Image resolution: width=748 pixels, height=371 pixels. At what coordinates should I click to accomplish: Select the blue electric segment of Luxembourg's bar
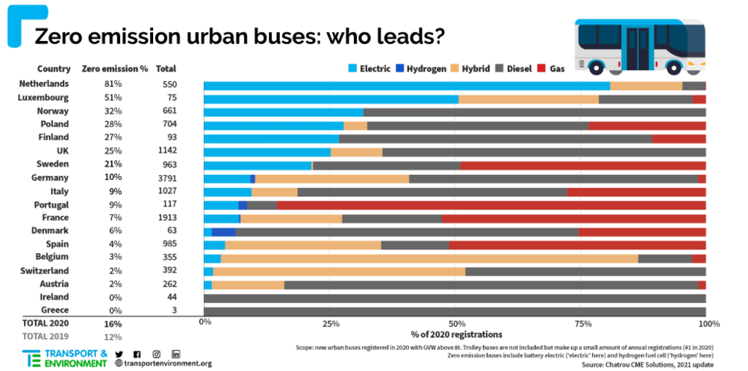tap(331, 99)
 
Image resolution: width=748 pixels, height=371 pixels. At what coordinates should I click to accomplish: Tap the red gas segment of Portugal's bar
tap(491, 205)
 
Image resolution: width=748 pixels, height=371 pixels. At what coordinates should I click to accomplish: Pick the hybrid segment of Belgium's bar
tap(429, 258)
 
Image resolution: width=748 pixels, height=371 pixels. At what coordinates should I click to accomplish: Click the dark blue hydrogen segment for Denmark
tap(223, 232)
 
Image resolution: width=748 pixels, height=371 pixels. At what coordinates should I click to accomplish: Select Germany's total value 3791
tap(169, 178)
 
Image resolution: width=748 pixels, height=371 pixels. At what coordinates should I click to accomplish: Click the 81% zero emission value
tap(113, 84)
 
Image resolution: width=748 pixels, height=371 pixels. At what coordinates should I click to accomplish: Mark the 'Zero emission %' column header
tap(114, 69)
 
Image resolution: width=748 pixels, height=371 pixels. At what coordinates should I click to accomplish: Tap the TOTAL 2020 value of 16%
tap(113, 324)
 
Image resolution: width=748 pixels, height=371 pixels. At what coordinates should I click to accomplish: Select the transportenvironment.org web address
tap(163, 364)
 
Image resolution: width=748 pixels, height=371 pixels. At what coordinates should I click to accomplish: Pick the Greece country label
tap(55, 310)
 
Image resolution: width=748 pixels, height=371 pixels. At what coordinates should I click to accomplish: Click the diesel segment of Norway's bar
tap(534, 112)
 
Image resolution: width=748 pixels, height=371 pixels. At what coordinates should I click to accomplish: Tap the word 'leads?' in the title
tap(407, 36)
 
